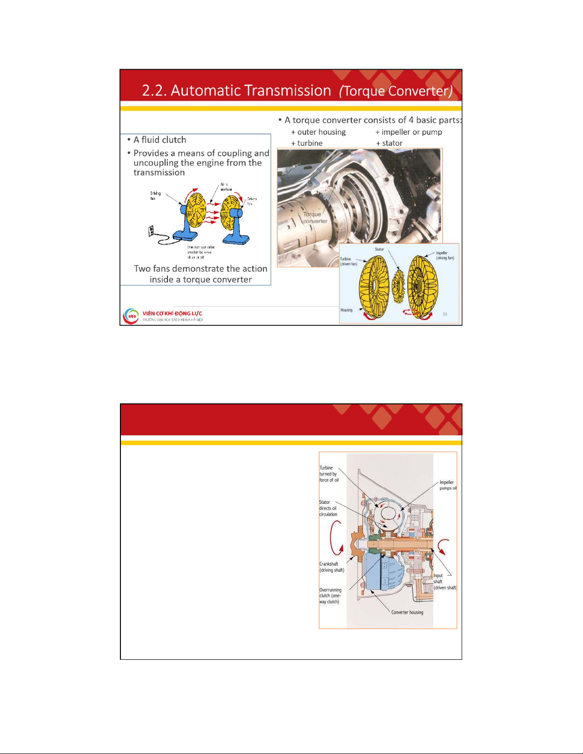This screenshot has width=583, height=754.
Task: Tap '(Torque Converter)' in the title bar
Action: [395, 91]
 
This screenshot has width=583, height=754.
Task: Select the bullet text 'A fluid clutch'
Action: [160, 140]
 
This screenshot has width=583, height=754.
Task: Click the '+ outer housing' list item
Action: [318, 132]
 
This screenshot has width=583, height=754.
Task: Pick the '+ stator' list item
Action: [389, 143]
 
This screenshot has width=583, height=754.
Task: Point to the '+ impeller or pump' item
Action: [409, 132]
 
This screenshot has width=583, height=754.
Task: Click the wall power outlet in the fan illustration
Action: [151, 231]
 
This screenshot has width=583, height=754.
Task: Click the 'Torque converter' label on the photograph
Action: [315, 217]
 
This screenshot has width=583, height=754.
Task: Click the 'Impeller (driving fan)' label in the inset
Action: [445, 255]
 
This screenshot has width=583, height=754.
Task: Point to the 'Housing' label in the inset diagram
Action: [346, 310]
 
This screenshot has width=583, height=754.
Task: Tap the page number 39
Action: [445, 314]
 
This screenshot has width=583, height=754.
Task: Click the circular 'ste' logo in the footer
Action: [131, 316]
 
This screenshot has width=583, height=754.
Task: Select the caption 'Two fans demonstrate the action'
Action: [200, 269]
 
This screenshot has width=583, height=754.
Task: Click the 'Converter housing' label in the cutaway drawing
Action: [407, 612]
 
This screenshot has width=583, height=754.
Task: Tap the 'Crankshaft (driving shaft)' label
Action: [331, 567]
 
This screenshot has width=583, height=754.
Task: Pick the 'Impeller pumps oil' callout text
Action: [447, 485]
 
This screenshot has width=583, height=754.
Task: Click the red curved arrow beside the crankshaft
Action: [336, 538]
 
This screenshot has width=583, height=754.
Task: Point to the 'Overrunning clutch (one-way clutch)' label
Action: [330, 596]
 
